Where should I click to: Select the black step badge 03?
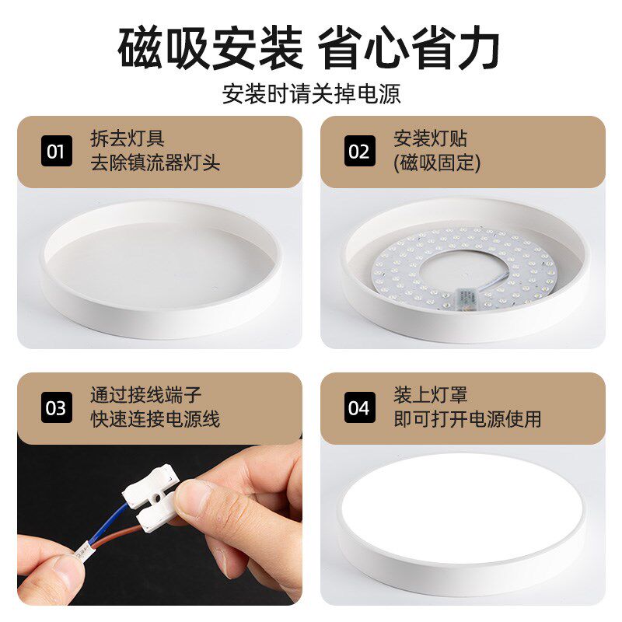pyautogui.click(x=56, y=407)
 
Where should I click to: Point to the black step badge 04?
pyautogui.click(x=359, y=407)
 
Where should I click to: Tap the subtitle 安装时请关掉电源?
pyautogui.click(x=311, y=94)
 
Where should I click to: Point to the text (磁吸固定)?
pyautogui.click(x=437, y=162)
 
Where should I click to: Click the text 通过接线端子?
pyautogui.click(x=146, y=396)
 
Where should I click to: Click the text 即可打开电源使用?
pyautogui.click(x=467, y=419)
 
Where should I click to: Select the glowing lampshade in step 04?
pyautogui.click(x=462, y=505)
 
